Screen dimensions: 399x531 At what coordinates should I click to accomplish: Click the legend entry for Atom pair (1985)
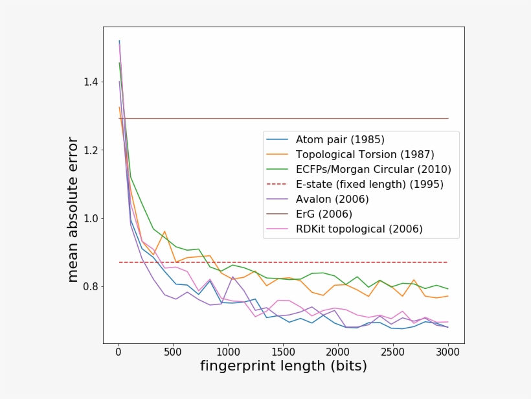[x=340, y=140]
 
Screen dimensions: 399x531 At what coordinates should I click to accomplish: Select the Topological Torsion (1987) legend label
[x=365, y=155]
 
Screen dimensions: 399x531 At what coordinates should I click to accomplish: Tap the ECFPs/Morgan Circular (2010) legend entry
[x=373, y=170]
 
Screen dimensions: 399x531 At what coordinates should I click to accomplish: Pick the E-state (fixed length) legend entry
[x=369, y=185]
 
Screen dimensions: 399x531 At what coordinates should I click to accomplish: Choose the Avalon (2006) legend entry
[x=332, y=199]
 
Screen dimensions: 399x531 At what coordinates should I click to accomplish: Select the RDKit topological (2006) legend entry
[x=359, y=229]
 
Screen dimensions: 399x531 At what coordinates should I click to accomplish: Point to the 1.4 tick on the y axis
[x=90, y=82]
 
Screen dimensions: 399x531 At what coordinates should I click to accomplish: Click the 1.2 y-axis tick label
[x=90, y=150]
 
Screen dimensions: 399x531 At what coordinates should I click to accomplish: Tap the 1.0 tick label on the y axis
[x=90, y=218]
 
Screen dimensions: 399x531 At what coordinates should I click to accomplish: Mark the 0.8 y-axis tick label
[x=90, y=286]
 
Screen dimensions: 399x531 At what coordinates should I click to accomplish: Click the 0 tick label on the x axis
[x=118, y=352]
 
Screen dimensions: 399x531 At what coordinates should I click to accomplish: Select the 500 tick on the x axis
[x=173, y=352]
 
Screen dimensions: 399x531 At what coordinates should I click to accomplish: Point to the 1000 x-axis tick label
[x=228, y=352]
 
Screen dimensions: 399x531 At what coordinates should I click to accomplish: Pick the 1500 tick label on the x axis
[x=283, y=352]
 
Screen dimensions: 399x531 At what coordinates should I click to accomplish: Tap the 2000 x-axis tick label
[x=338, y=352]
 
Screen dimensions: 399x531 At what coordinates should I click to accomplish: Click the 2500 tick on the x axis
[x=393, y=352]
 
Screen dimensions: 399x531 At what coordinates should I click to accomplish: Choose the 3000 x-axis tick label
[x=448, y=352]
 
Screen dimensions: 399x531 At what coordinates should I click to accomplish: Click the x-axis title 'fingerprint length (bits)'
[x=283, y=367]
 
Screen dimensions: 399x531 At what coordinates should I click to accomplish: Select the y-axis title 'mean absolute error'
[x=73, y=209]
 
